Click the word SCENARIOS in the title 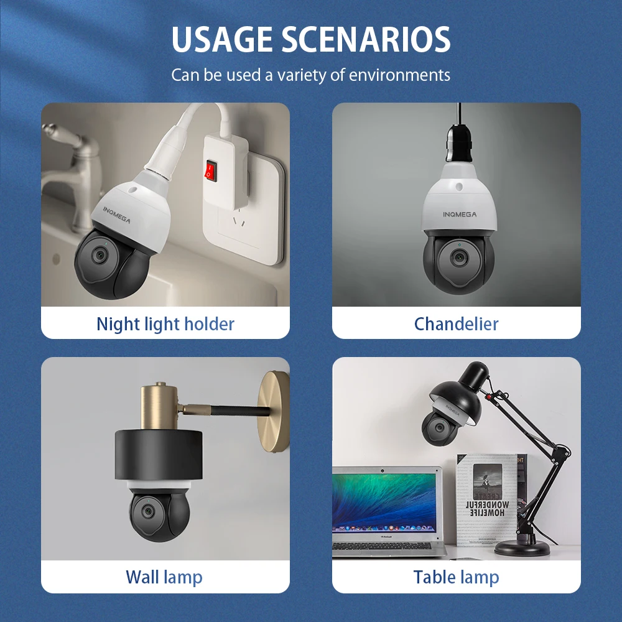(x=366, y=39)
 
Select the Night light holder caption (x=165, y=324)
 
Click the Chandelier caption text (x=456, y=324)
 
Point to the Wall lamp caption (x=164, y=577)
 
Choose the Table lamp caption (x=456, y=577)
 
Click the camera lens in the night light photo (x=98, y=255)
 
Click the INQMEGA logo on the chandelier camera (x=460, y=215)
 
